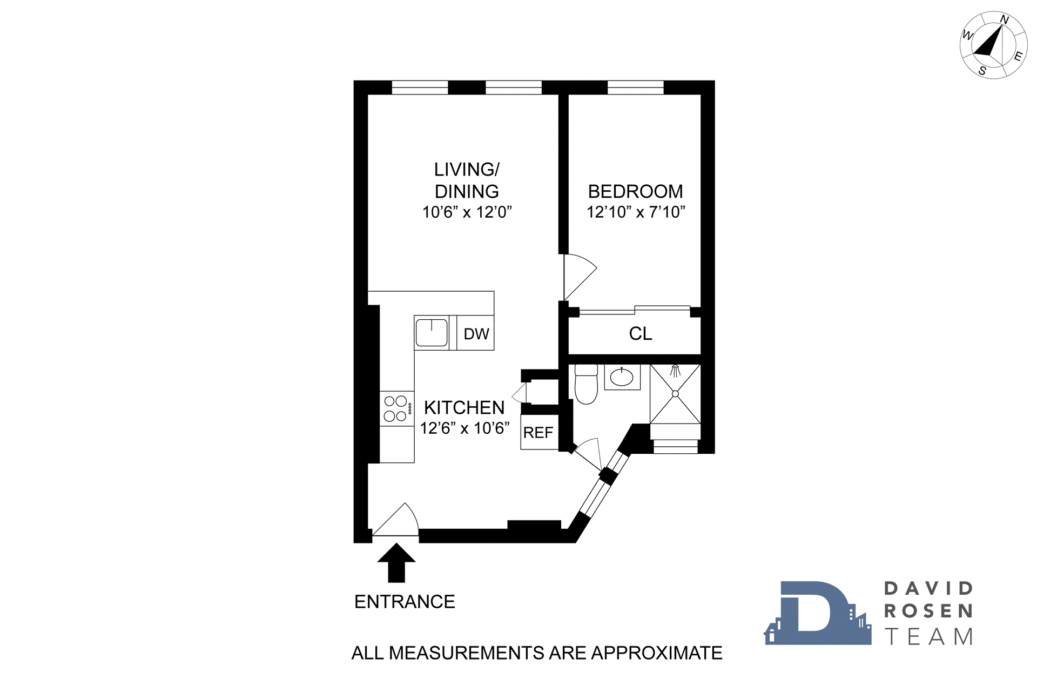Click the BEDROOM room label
click(635, 191)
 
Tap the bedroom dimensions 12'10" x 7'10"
click(636, 212)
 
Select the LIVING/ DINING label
click(467, 180)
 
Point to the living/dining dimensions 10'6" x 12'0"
click(467, 212)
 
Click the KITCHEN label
click(464, 407)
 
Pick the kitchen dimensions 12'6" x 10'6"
click(464, 428)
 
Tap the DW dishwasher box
click(476, 333)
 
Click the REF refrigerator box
click(538, 432)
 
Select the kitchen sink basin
click(432, 333)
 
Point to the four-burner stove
click(395, 408)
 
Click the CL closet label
click(640, 333)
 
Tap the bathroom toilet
click(586, 385)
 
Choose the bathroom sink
click(622, 377)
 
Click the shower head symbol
click(675, 371)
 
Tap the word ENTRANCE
click(405, 601)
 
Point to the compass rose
click(993, 45)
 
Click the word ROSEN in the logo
click(928, 611)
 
